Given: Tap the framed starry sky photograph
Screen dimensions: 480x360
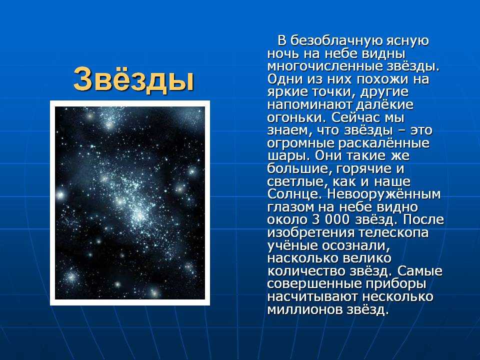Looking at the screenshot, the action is click(x=130, y=203).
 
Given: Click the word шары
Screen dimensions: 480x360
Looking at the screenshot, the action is click(x=286, y=156).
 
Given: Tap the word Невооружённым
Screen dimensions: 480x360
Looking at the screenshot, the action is click(x=384, y=194).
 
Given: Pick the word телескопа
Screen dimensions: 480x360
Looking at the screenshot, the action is click(x=393, y=233).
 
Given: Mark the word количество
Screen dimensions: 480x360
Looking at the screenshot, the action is click(x=306, y=271).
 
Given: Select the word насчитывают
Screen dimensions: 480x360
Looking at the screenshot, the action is click(x=312, y=297).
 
